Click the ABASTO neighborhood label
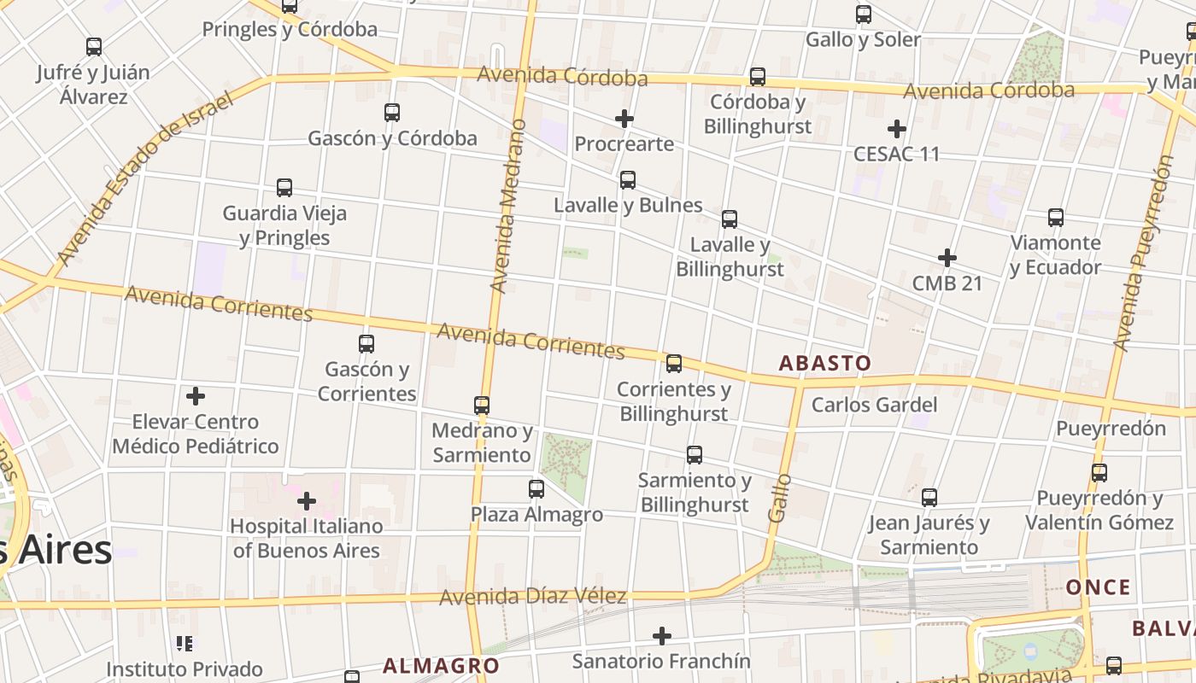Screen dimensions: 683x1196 click(x=824, y=363)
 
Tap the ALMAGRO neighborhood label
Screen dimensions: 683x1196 click(x=441, y=666)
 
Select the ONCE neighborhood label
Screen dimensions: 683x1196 click(x=1099, y=587)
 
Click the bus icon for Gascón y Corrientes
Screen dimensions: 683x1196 click(x=366, y=344)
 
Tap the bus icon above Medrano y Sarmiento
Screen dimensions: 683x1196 click(x=482, y=405)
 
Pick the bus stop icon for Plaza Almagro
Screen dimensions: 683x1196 click(x=536, y=489)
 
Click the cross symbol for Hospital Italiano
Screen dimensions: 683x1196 click(x=307, y=501)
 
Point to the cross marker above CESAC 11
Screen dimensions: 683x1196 click(x=896, y=129)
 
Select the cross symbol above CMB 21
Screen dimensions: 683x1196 click(x=947, y=258)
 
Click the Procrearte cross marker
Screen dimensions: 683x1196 click(x=624, y=119)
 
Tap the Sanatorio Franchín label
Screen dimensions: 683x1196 click(x=661, y=661)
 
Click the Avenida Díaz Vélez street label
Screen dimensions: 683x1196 click(x=533, y=596)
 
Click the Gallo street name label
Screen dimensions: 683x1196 click(x=780, y=497)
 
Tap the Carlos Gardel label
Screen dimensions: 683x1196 click(x=874, y=405)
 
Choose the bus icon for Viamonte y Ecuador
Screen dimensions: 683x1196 click(x=1056, y=218)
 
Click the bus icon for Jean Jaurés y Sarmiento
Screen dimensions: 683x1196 click(x=929, y=497)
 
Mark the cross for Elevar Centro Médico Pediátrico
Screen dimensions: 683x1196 click(x=196, y=396)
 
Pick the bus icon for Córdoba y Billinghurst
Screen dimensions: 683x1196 click(x=758, y=77)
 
